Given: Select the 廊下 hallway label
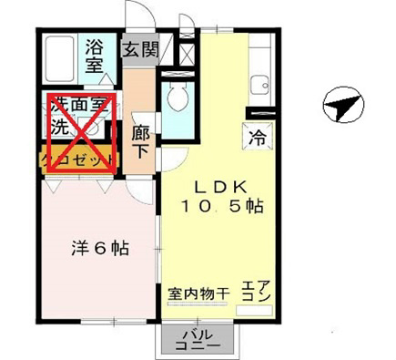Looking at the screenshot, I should [x=141, y=139].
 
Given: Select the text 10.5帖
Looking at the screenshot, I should [x=222, y=207].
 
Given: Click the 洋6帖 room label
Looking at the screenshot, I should [x=100, y=248].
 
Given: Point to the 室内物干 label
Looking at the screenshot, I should [x=198, y=294].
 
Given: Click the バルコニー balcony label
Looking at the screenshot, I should [x=198, y=340].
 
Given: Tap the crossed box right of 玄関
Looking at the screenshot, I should [x=185, y=51].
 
